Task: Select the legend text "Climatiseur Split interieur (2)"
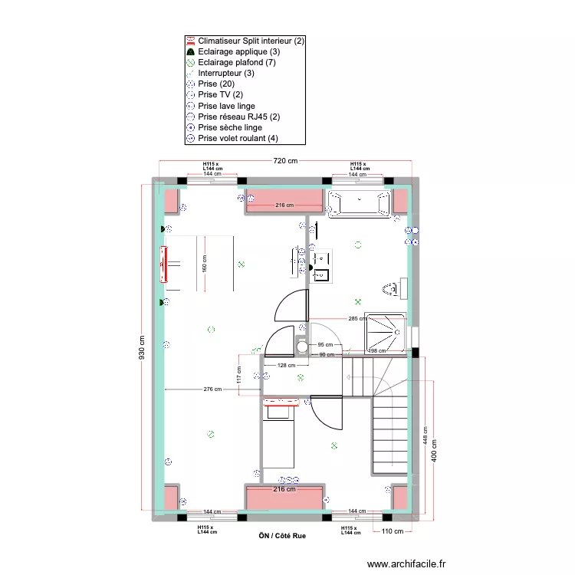(251, 41)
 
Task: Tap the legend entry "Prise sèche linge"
(229, 127)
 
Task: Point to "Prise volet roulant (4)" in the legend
(238, 138)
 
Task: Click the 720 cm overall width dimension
(285, 161)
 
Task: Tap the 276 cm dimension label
(212, 389)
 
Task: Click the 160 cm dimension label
(205, 263)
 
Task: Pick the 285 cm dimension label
(356, 319)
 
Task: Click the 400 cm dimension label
(434, 454)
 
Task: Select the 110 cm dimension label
(393, 531)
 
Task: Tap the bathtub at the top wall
(359, 203)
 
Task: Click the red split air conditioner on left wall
(163, 264)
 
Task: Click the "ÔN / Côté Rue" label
(282, 536)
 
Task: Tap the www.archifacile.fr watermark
(406, 563)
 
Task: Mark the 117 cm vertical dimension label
(239, 376)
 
